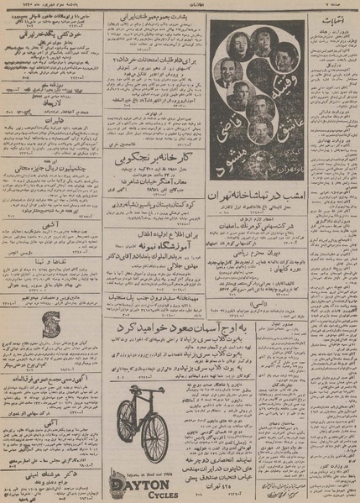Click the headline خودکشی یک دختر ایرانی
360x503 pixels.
click(48, 39)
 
